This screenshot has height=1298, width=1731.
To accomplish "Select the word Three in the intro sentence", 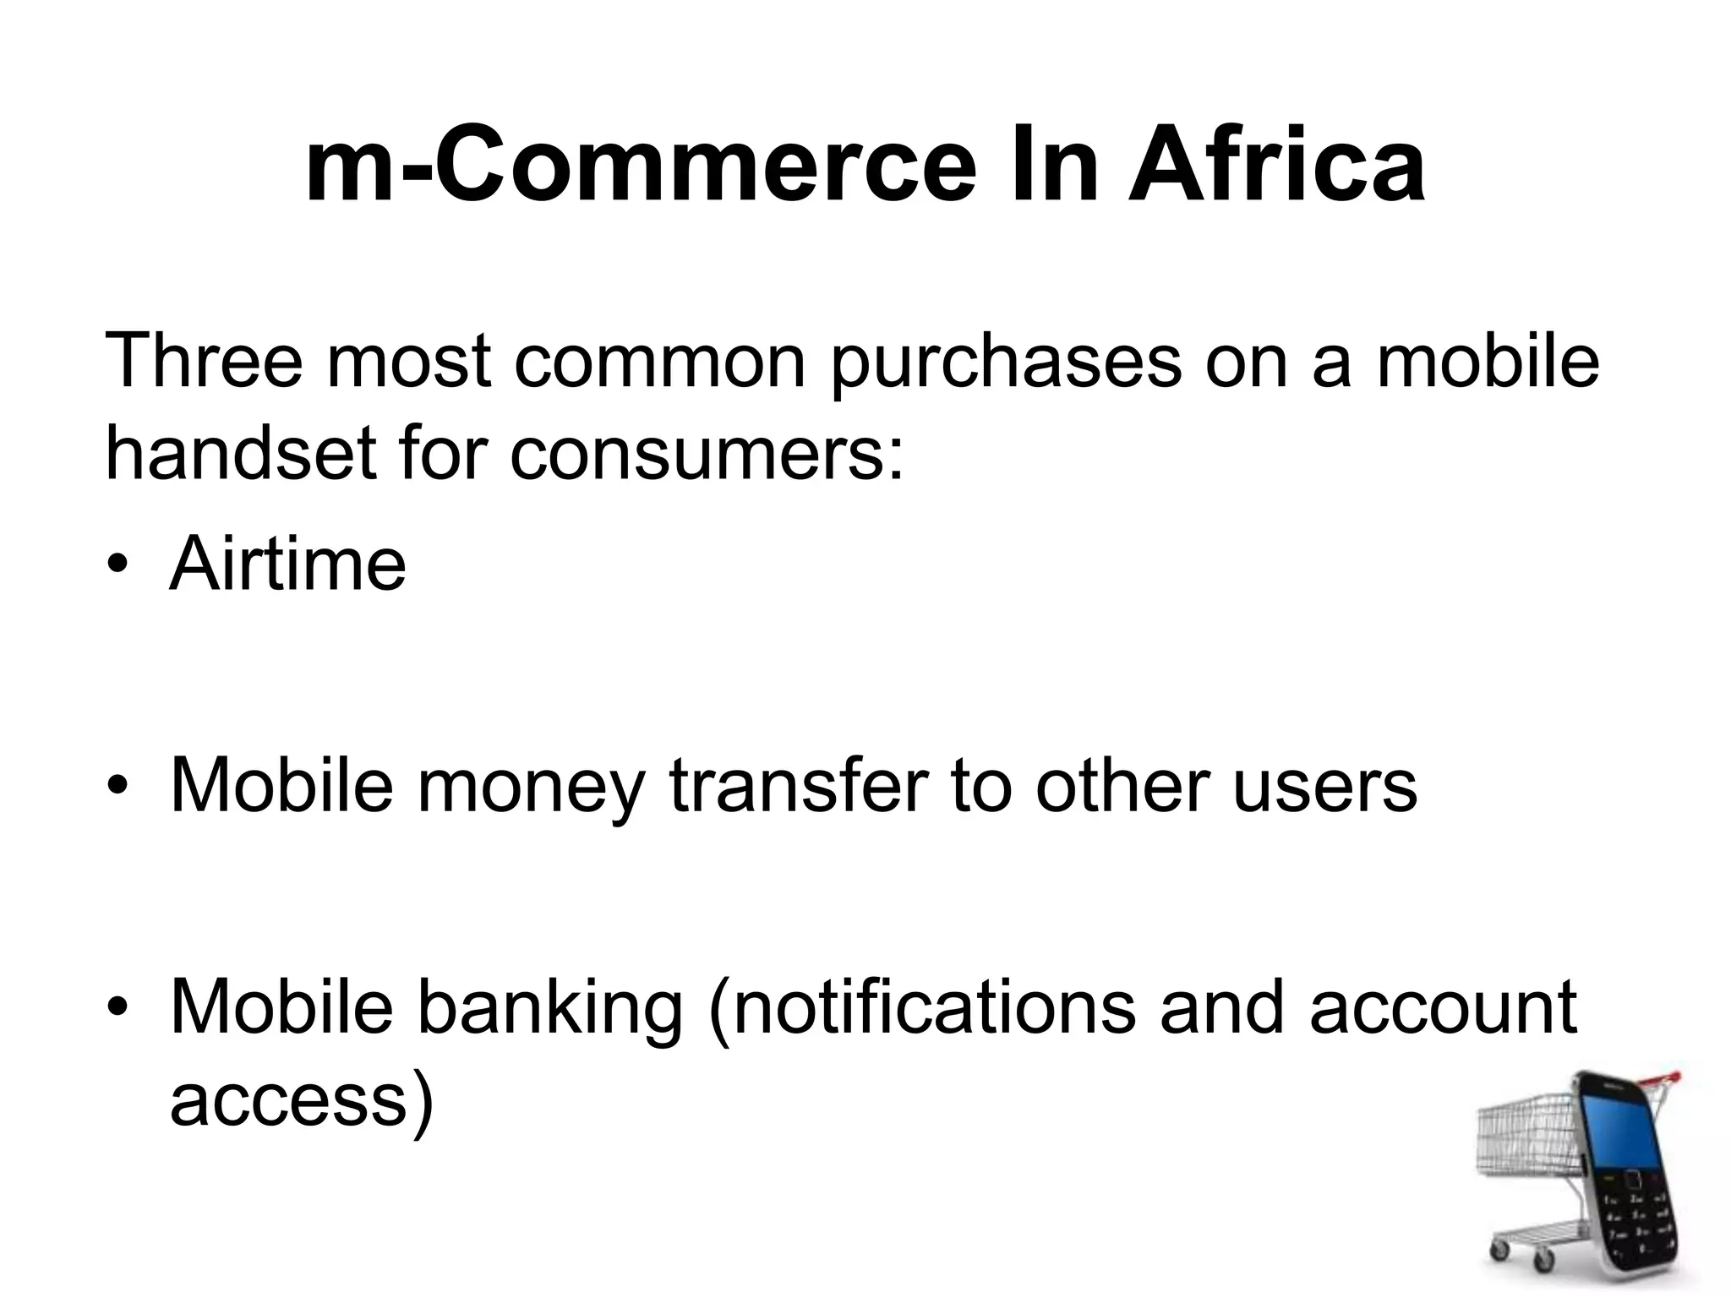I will point(203,362).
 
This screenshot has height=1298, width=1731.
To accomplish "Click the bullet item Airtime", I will point(287,564).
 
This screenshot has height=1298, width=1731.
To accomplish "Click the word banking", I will point(549,1009).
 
